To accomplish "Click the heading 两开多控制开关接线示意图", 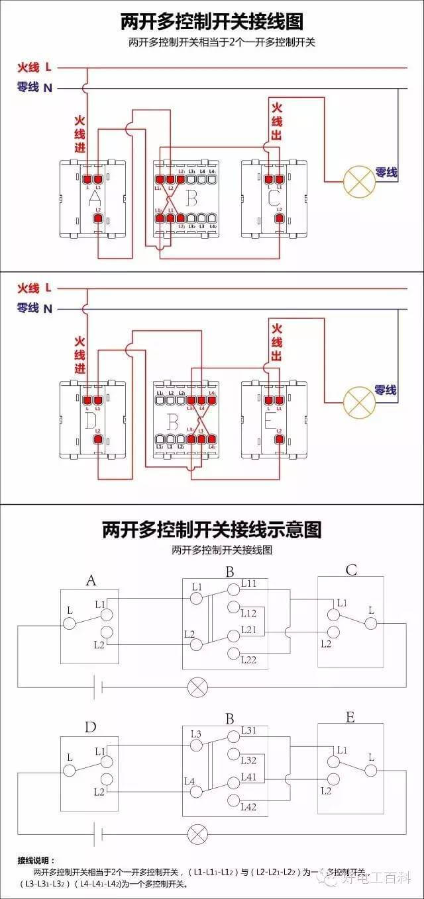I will pos(212,529).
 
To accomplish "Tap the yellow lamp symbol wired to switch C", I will pos(358,181).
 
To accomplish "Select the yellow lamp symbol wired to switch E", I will pos(358,400).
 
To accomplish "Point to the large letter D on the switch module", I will pos(91,419).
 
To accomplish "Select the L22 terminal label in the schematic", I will pos(248,660).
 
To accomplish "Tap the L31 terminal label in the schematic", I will pos(248,730).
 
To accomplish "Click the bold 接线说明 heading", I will pos(37,861).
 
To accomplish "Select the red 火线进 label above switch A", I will pos(79,134).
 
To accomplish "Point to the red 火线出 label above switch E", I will pos(277,343).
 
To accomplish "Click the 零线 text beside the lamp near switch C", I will pos(386,173).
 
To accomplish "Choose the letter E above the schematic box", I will pos(350,718).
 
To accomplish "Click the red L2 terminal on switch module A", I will pos(99,218).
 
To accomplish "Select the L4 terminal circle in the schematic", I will pos(197,792).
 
